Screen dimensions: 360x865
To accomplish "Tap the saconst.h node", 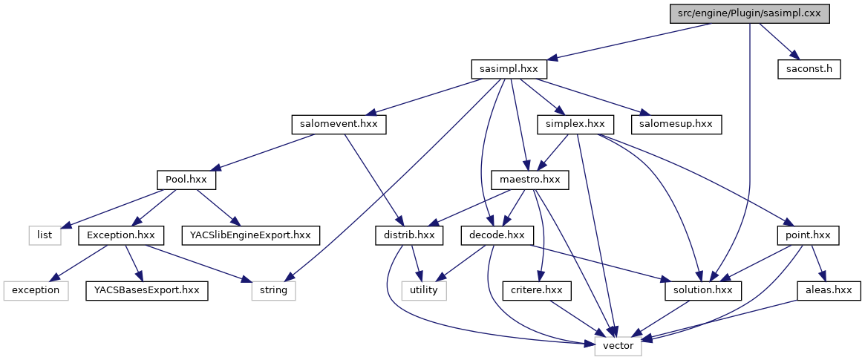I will (809, 69).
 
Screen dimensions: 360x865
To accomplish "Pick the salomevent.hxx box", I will (339, 124).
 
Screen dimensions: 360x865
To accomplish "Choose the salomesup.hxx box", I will (677, 124).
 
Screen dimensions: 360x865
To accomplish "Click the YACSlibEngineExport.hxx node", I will (250, 235).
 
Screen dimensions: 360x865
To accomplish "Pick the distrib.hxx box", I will (408, 235).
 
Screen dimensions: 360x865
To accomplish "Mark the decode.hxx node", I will (493, 235).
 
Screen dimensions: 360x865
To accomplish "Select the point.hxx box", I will (807, 235).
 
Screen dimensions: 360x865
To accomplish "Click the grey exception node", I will (35, 290).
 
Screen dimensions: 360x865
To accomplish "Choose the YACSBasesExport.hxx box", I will (146, 290).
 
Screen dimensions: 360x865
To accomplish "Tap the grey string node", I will (273, 290).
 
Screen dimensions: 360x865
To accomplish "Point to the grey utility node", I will (425, 290).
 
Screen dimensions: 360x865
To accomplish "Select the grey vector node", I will (618, 346).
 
